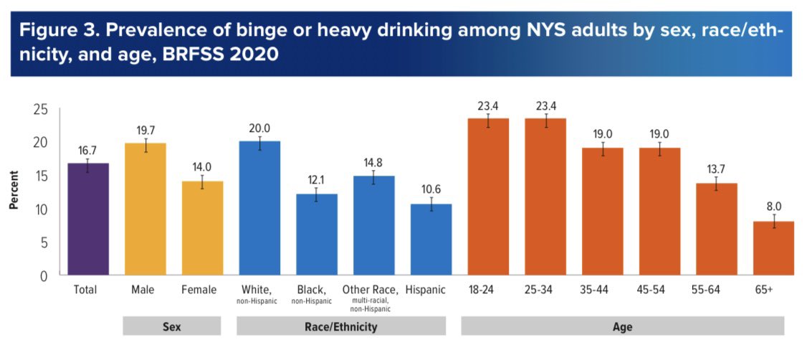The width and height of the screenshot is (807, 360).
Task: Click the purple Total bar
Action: coord(87,219)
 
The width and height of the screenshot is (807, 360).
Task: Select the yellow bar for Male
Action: coord(145,209)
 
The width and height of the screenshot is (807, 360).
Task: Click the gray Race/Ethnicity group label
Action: coord(341,326)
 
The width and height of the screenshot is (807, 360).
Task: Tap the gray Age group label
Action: coord(622,326)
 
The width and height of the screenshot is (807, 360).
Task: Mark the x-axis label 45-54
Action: coord(658,290)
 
